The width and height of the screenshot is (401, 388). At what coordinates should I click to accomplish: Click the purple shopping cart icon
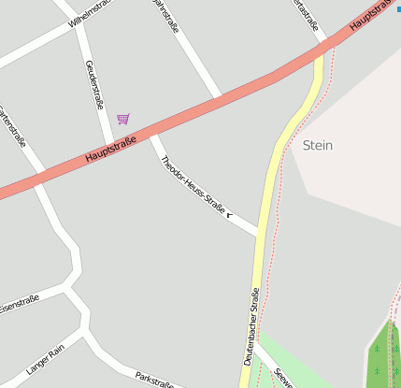tap(123, 119)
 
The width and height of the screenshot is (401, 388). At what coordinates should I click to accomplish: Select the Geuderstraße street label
tap(95, 81)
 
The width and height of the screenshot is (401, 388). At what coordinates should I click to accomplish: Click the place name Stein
tap(318, 146)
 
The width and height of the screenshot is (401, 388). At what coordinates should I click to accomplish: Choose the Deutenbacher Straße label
tap(251, 326)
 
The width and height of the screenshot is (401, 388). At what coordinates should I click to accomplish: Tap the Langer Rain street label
tap(45, 358)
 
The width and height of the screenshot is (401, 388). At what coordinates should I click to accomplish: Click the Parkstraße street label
tap(154, 380)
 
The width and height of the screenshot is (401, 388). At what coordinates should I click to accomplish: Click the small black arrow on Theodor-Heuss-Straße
tap(229, 215)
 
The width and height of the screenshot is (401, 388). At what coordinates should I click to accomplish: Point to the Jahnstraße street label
tap(166, 16)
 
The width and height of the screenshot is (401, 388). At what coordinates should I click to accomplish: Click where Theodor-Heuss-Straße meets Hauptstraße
tap(151, 135)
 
